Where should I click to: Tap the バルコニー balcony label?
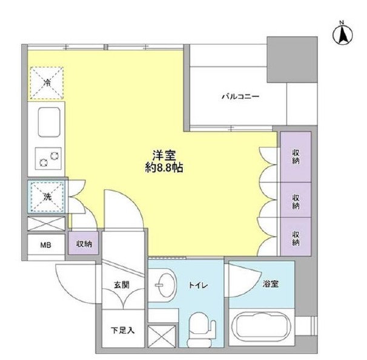point(240,97)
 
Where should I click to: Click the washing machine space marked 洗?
point(46,196)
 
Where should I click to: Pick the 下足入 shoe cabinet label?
point(119,331)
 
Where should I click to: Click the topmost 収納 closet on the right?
point(295,156)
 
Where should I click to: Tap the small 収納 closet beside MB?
point(84,244)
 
